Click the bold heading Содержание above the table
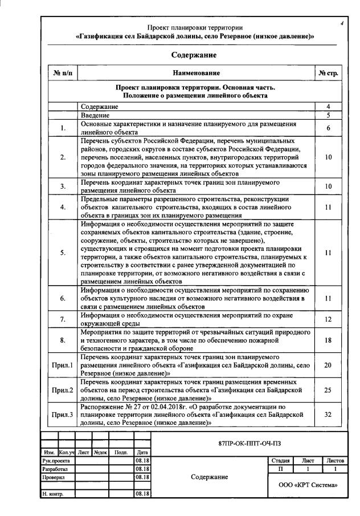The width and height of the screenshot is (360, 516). pos(194,55)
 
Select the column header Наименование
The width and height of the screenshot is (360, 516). pos(197,73)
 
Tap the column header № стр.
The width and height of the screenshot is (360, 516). pos(328,73)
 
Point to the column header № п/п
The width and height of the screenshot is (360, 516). pos(63,73)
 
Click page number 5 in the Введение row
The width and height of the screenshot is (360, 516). pos(328,115)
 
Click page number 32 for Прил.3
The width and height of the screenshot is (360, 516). pos(328,415)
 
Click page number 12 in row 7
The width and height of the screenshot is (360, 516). pos(328,319)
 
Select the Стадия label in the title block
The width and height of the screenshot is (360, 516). pos(281,460)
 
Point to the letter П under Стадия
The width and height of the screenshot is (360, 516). pos(281,468)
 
